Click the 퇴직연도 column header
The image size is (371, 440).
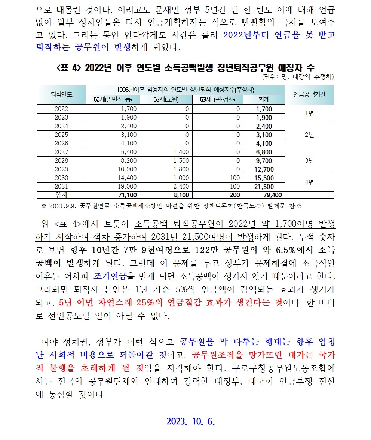tap(61, 94)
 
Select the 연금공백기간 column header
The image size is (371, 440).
tap(309, 94)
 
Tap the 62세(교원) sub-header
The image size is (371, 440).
tap(166, 100)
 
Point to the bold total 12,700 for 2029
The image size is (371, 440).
tap(264, 169)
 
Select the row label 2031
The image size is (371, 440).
tap(61, 186)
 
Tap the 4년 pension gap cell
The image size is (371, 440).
tap(309, 182)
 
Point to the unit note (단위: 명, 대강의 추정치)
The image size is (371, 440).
tap(298, 77)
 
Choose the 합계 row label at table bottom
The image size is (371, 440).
tap(61, 195)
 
